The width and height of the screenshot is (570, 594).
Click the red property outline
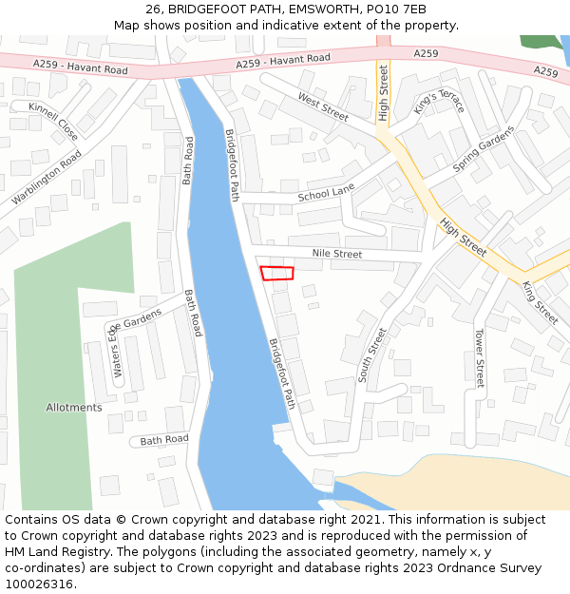277,273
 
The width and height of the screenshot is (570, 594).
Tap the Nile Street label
337,254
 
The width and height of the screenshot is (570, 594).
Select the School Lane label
326,194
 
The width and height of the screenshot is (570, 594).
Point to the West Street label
323,105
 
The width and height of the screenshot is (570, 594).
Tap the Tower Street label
479,358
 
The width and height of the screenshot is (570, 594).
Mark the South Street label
373,354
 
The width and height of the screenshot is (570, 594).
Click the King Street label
540,303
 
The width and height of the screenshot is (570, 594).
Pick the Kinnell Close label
53,122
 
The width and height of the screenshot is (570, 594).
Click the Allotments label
74,408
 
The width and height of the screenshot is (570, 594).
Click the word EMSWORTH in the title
306,10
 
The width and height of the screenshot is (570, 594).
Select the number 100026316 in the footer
38,584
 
